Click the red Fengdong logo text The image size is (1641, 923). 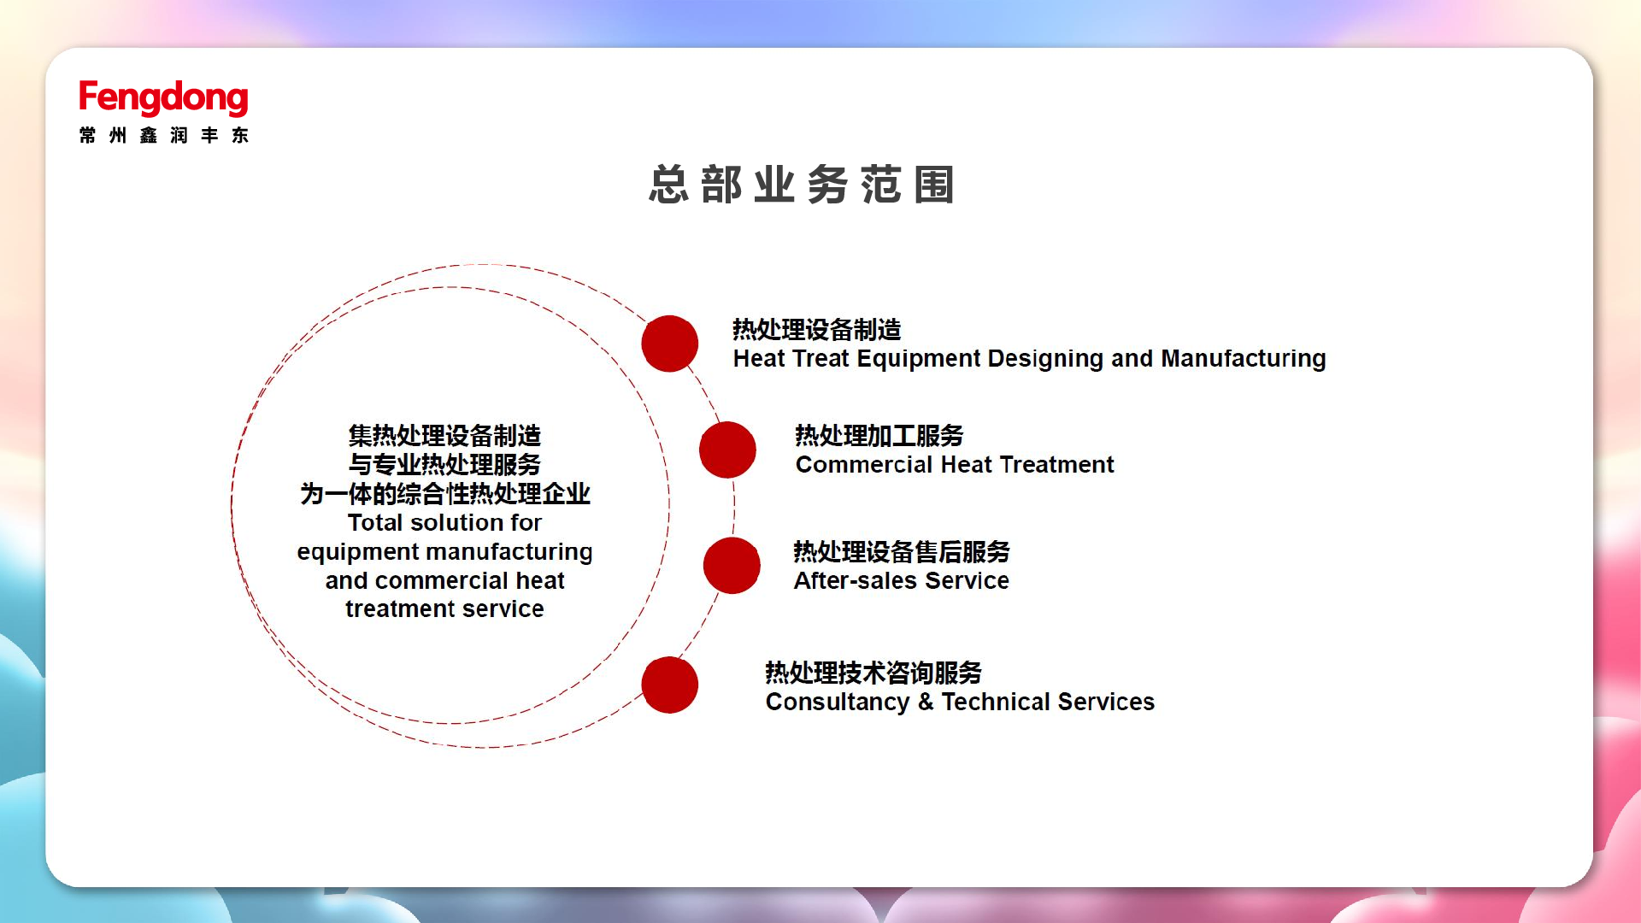(163, 97)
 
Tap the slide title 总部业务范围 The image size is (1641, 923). (801, 185)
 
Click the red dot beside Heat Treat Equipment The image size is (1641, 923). (670, 344)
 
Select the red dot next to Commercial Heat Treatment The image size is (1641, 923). (727, 450)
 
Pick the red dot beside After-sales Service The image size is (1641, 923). (732, 566)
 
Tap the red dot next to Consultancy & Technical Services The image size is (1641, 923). (670, 685)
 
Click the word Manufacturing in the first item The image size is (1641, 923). (1244, 359)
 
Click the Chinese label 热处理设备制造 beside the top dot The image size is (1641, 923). (817, 330)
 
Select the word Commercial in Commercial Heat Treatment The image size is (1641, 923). (863, 465)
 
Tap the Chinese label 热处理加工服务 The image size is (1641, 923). (879, 436)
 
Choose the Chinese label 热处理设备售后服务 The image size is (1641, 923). (902, 552)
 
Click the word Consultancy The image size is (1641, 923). (838, 703)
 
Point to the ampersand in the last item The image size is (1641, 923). (926, 703)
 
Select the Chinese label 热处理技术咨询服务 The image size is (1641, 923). (873, 673)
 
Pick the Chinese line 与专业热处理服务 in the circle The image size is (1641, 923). (444, 465)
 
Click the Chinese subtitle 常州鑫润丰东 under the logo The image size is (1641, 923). (163, 135)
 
